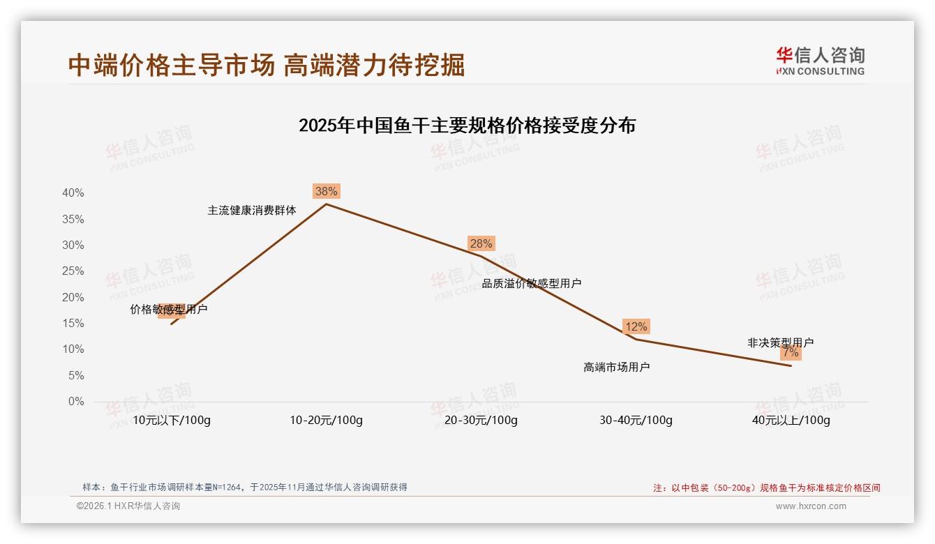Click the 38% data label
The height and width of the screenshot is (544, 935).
(326, 191)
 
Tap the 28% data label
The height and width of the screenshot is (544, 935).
(481, 243)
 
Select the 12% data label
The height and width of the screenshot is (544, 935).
(636, 326)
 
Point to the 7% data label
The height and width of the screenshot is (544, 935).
(791, 353)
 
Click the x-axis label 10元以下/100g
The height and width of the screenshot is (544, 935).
(171, 421)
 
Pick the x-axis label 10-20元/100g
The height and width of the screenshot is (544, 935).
(326, 421)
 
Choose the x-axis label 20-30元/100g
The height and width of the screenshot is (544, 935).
(481, 421)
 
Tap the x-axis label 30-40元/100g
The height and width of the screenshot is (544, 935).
(636, 421)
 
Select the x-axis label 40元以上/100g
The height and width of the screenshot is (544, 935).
(791, 421)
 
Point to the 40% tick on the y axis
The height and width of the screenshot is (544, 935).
(73, 193)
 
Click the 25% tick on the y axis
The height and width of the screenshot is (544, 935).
(73, 271)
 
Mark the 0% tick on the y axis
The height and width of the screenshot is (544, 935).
(76, 402)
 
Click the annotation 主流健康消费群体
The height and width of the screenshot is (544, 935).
(251, 210)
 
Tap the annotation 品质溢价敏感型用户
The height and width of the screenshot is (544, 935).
(531, 283)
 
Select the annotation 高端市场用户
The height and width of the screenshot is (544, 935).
(616, 367)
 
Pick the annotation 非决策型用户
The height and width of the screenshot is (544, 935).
(780, 342)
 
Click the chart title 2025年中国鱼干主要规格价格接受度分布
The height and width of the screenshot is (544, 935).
(467, 126)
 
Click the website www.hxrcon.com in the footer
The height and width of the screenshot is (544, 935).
(811, 506)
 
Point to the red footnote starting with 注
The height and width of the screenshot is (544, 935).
(766, 488)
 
